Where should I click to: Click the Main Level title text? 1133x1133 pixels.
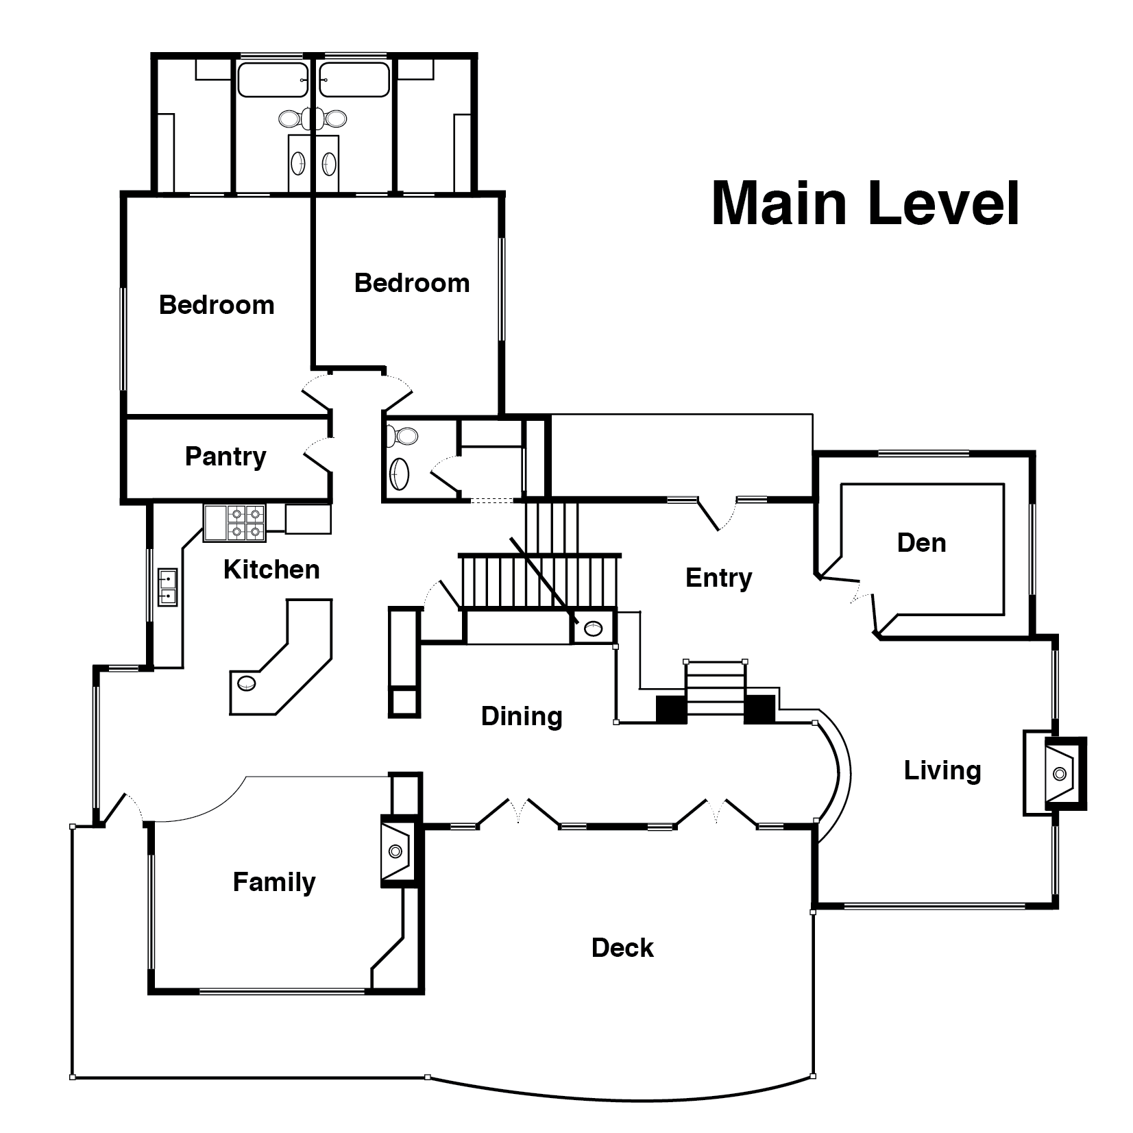coord(865,204)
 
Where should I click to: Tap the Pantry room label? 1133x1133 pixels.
coord(226,456)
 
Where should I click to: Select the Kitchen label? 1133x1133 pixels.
coord(271,570)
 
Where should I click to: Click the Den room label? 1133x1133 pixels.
coord(921,543)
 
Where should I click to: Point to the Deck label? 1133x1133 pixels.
coord(622,948)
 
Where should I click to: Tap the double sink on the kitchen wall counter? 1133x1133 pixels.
coord(167,587)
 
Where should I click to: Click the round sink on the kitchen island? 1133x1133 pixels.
coord(247,683)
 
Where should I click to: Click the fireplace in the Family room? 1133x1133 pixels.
coord(396,851)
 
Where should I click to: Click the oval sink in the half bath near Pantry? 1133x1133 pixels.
coord(398,474)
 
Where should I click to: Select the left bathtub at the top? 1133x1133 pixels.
coord(273,80)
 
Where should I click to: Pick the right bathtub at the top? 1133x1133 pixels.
coord(354,80)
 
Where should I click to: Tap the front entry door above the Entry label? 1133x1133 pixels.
coord(716,513)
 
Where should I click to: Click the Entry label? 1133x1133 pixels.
coord(718,578)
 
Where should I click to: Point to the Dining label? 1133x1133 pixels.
coord(522,716)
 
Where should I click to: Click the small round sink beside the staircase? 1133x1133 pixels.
coord(592,626)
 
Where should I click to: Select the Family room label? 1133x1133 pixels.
coord(274,882)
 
